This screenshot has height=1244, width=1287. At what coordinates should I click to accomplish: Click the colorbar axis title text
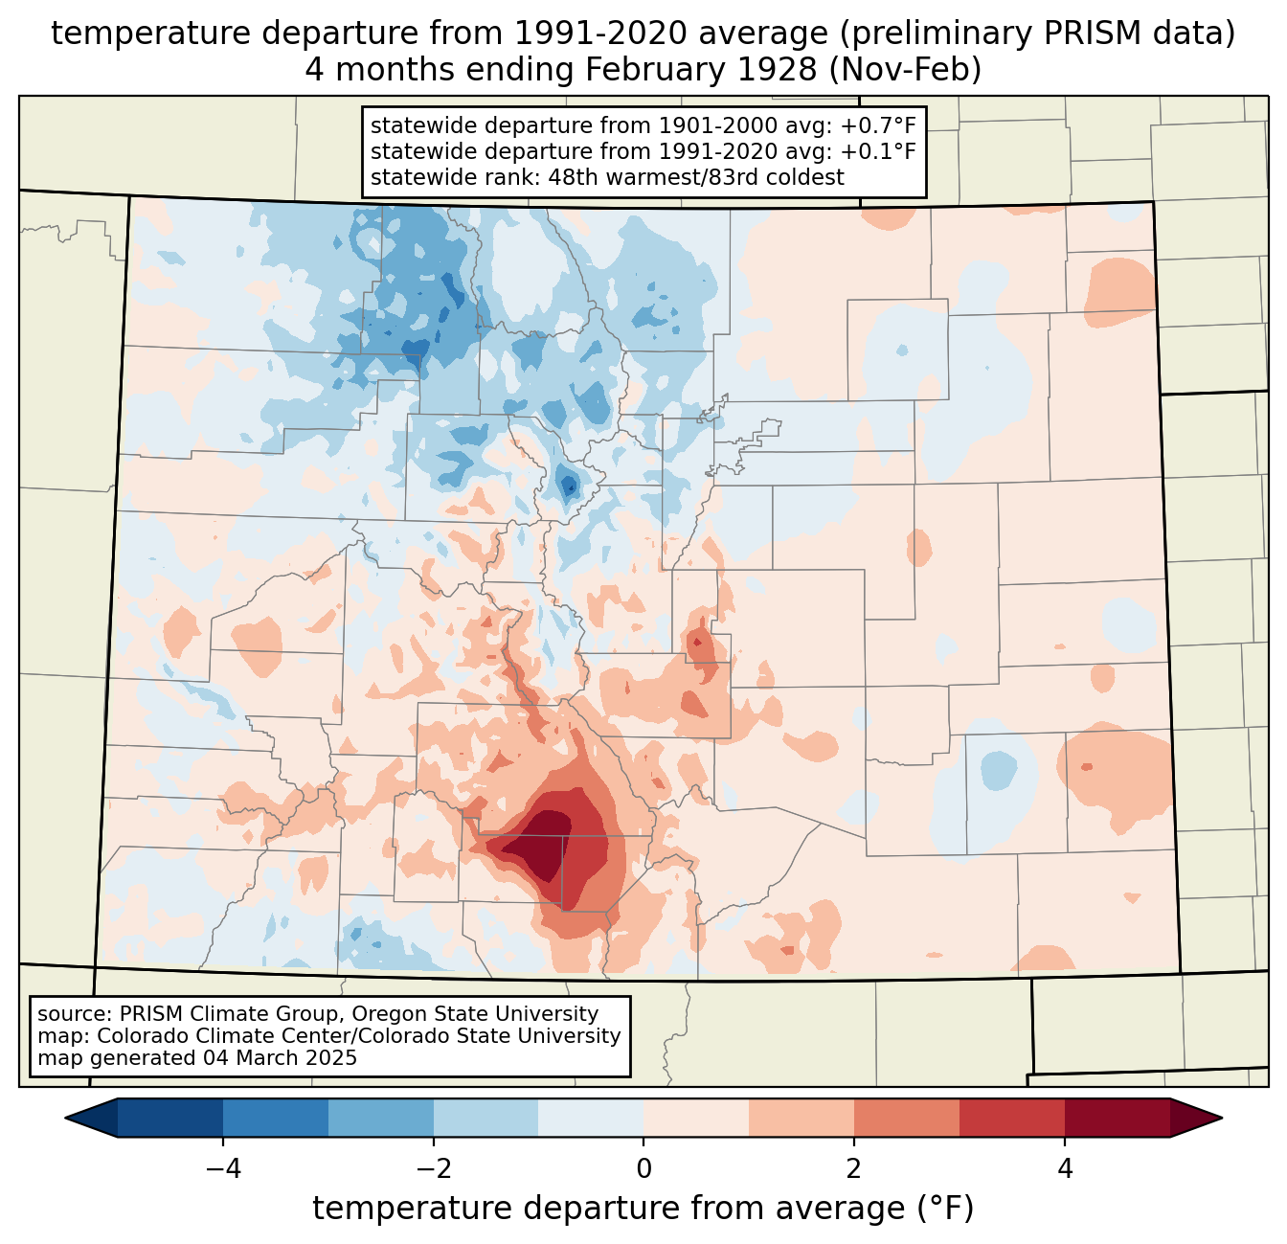point(643,1209)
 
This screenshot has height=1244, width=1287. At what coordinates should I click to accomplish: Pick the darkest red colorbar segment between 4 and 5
point(1117,1118)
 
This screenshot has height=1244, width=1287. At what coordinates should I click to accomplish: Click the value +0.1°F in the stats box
point(878,151)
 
